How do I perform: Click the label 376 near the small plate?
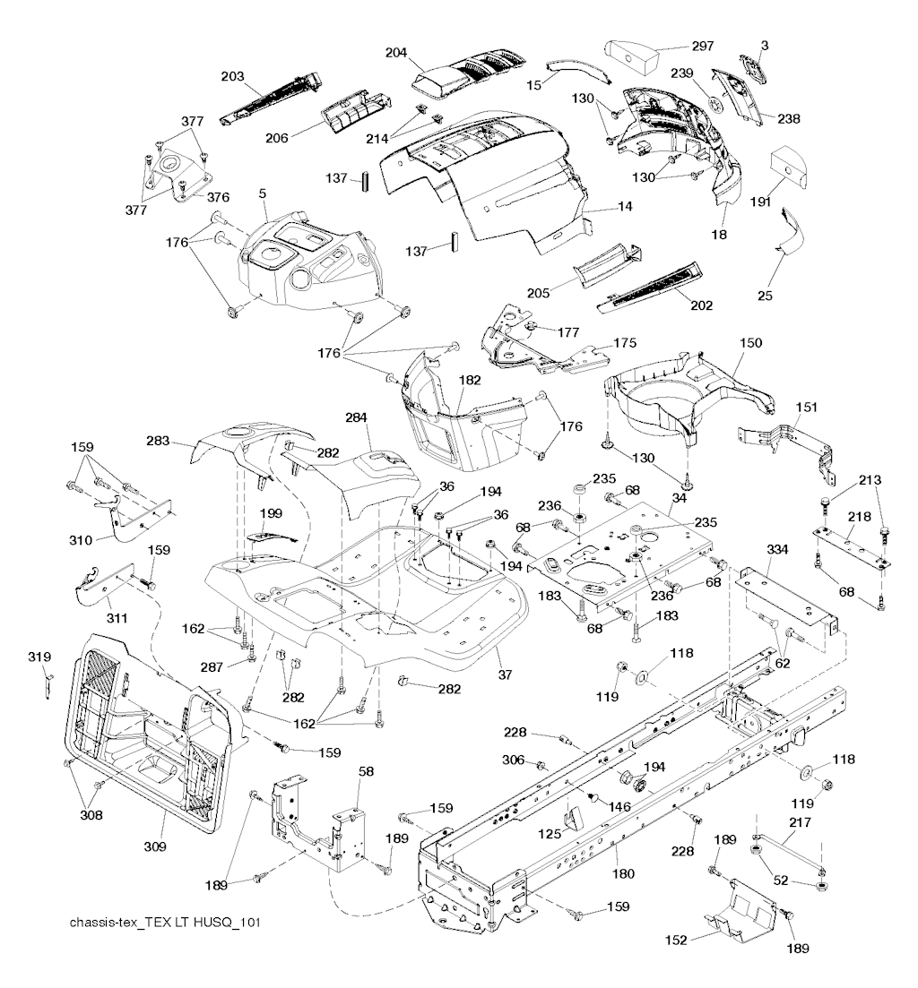[218, 197]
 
